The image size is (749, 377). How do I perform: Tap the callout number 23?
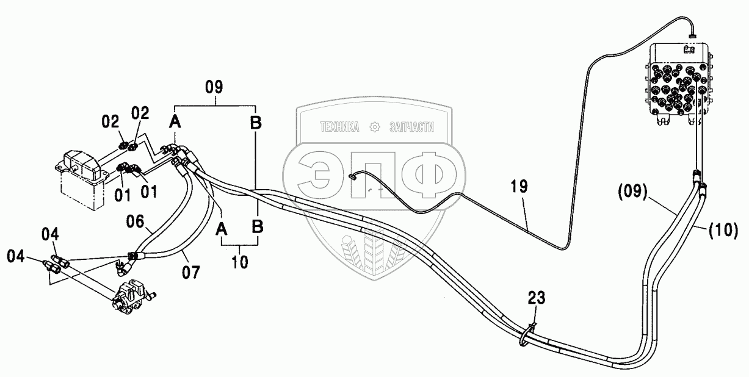pyautogui.click(x=537, y=298)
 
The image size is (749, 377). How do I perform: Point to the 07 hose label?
pyautogui.click(x=191, y=272)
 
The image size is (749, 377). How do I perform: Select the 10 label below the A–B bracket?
pyautogui.click(x=240, y=262)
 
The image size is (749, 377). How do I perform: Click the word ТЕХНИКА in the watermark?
pyautogui.click(x=341, y=127)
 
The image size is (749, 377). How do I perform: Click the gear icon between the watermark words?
pyautogui.click(x=375, y=127)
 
